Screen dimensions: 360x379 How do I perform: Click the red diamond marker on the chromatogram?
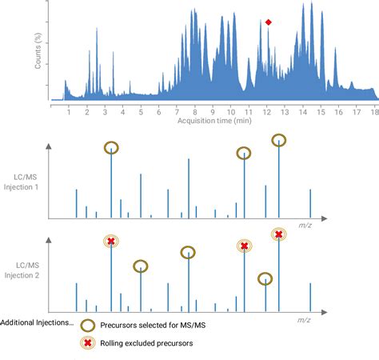tap(269, 22)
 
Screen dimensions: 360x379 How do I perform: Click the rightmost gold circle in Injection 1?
tap(278, 141)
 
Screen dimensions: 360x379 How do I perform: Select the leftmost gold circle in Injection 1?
tap(111, 147)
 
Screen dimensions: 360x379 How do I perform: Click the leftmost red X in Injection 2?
tap(111, 241)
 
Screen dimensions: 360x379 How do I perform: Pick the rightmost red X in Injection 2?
tap(278, 234)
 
